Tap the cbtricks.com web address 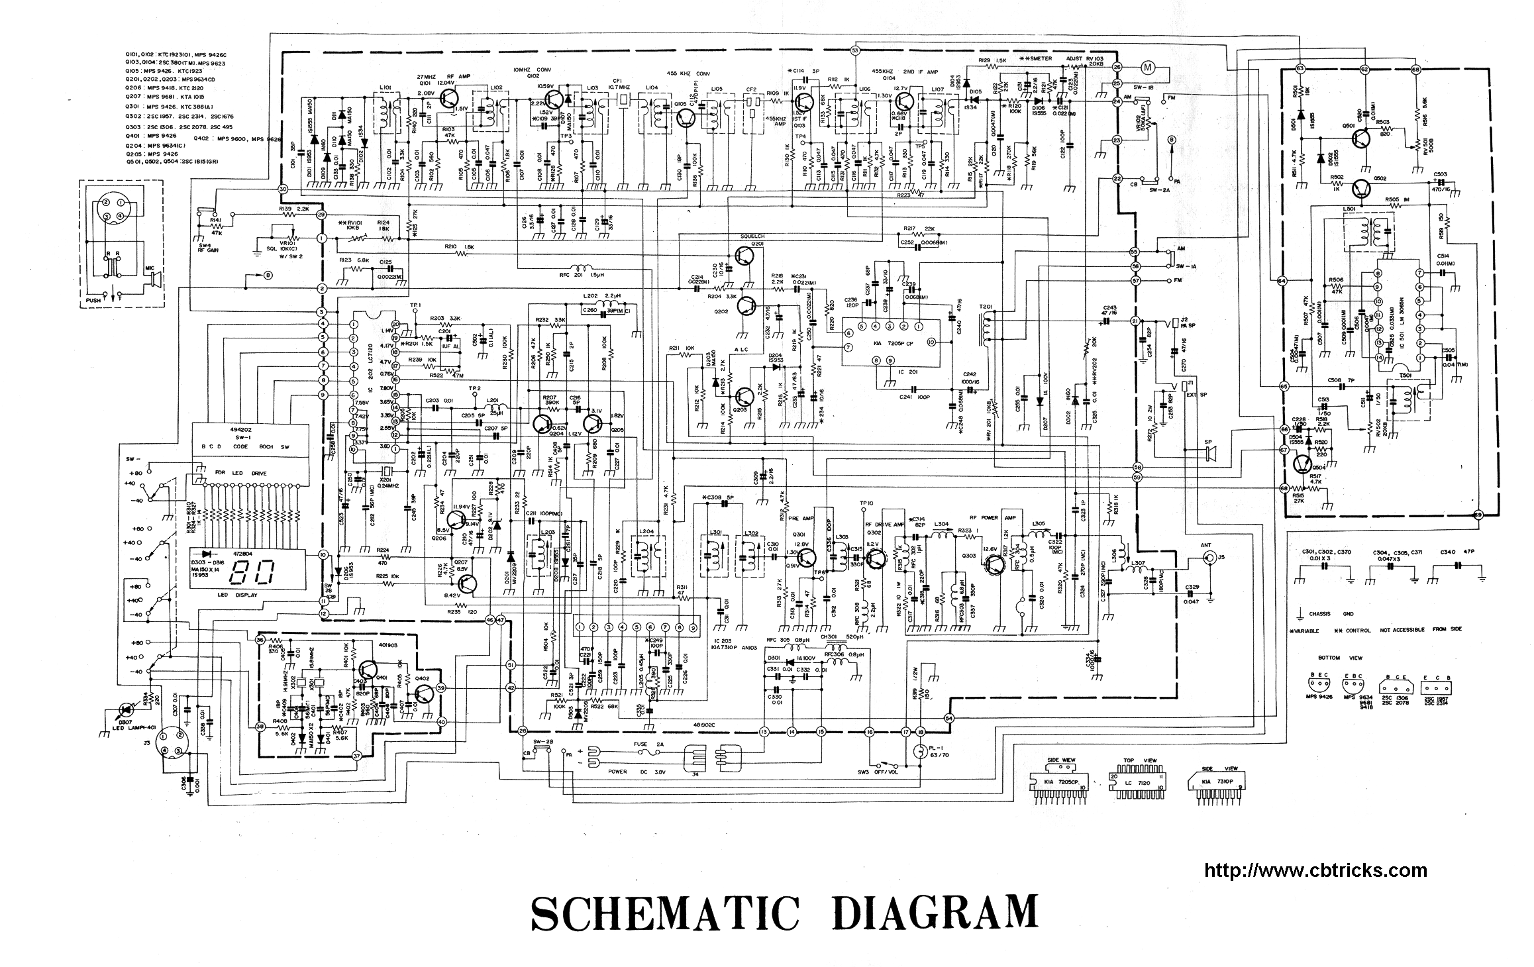coord(1315,870)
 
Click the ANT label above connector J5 coord(1206,545)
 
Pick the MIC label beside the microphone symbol coord(150,269)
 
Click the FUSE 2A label coord(646,743)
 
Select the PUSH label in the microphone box coord(93,300)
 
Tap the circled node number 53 coord(854,50)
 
